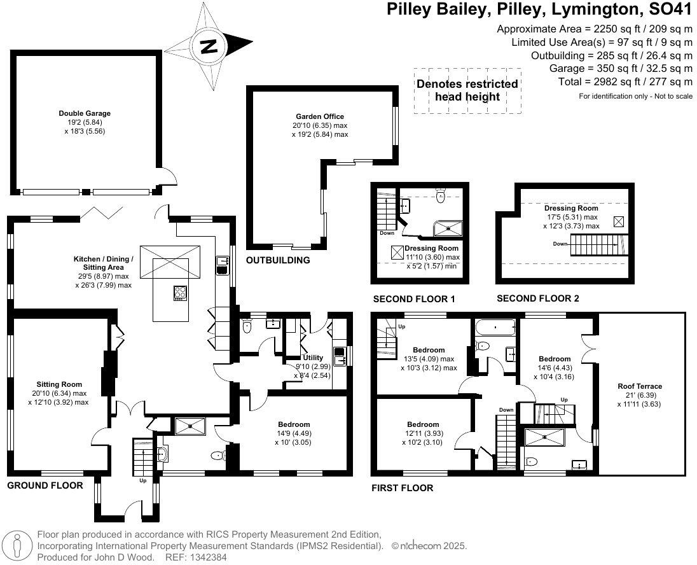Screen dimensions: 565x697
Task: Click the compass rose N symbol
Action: (x=208, y=46)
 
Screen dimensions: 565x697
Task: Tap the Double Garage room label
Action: (x=85, y=114)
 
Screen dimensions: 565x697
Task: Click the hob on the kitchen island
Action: (x=181, y=293)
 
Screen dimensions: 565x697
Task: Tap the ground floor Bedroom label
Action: (x=294, y=424)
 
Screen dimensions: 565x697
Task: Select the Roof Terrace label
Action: (x=640, y=386)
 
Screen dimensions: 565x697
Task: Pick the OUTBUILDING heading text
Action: (x=278, y=260)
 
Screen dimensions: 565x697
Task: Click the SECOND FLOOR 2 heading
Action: (x=537, y=298)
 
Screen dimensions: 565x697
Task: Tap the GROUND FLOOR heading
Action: (x=45, y=485)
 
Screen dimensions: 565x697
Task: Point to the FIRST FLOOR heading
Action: (x=403, y=488)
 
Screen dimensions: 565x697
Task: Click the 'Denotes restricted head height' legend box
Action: (x=467, y=90)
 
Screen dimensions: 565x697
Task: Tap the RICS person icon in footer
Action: (x=20, y=545)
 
